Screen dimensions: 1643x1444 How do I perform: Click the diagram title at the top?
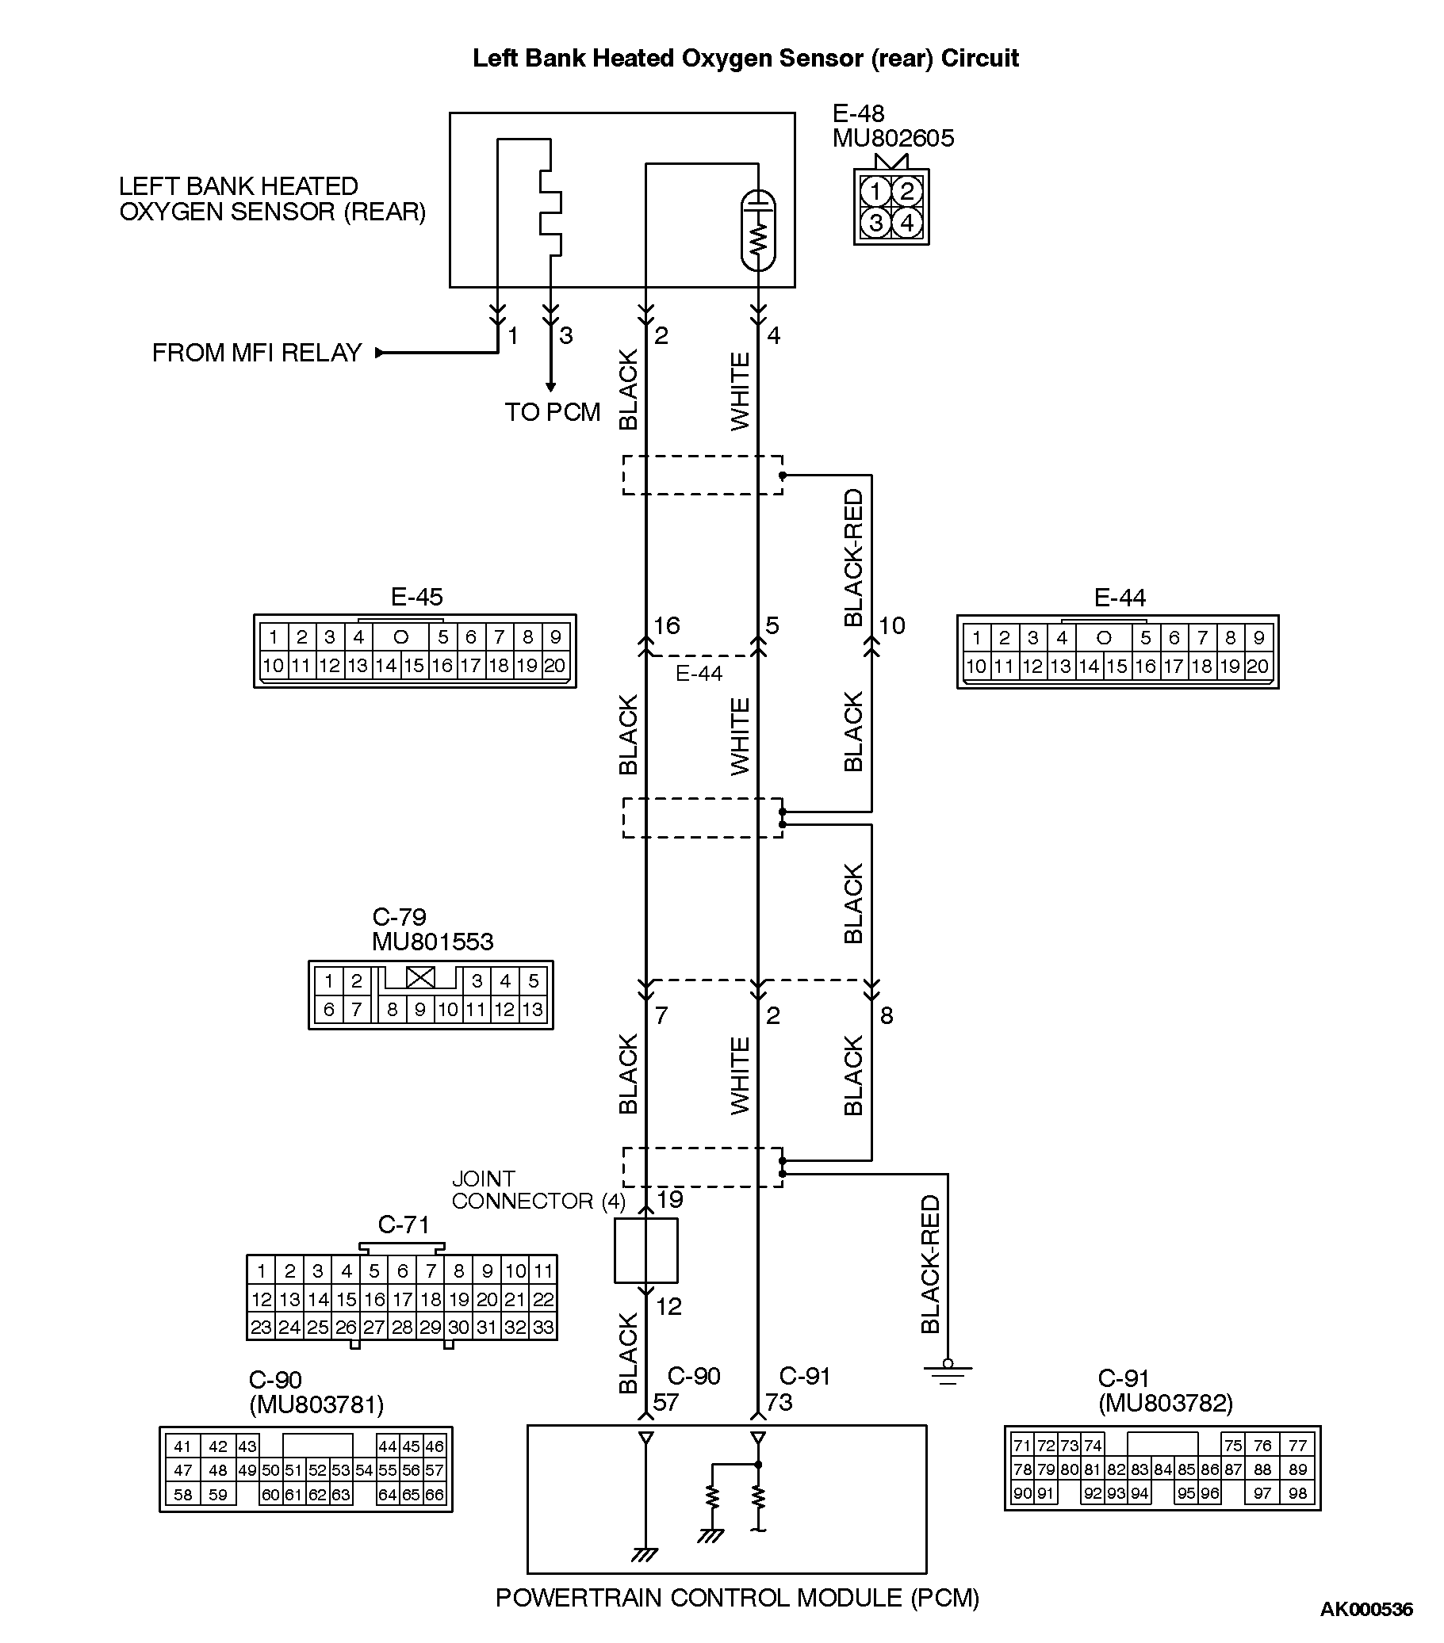pos(745,58)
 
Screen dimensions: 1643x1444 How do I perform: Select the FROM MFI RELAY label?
pos(256,353)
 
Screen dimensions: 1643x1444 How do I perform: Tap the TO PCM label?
pos(553,412)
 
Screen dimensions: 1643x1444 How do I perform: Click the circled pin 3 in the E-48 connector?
pos(875,223)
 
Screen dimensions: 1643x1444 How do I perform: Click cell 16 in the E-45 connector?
pos(442,666)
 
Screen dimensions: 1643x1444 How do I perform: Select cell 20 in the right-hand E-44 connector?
pos(1257,667)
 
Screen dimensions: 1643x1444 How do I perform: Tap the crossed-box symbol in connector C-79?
pos(419,978)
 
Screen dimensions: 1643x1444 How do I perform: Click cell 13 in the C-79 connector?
pos(532,1009)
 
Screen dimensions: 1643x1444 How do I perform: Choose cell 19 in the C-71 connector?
pos(459,1299)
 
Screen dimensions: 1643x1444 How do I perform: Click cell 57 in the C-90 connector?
pos(435,1469)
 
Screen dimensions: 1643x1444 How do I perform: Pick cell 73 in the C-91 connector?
pos(1067,1444)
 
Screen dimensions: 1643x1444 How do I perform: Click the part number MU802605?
pos(892,138)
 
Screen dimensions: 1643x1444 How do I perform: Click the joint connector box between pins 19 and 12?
pos(645,1250)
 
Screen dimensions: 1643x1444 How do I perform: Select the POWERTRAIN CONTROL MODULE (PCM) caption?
pos(737,1598)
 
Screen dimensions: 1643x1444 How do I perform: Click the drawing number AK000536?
pos(1365,1609)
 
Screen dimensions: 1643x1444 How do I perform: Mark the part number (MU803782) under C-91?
pos(1165,1404)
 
